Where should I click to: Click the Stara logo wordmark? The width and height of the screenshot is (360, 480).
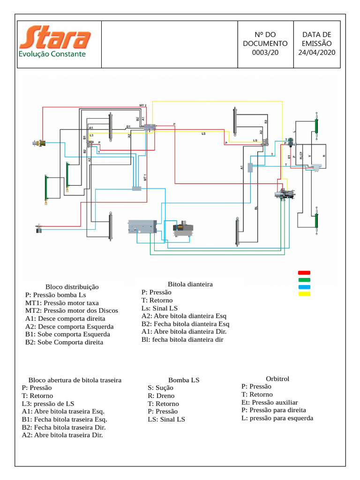tap(55, 37)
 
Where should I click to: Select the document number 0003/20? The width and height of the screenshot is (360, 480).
tap(265, 52)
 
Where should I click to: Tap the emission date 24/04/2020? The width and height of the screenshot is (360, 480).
tap(317, 52)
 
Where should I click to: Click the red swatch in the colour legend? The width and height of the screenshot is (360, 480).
tap(304, 273)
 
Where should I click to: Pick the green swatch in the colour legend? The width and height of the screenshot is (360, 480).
tap(304, 280)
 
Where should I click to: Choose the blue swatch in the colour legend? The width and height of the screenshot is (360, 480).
tap(304, 287)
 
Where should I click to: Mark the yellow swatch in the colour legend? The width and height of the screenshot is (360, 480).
tap(304, 294)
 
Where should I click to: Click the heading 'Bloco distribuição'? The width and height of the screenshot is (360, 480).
tap(72, 287)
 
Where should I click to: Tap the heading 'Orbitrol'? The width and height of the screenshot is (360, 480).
tap(277, 378)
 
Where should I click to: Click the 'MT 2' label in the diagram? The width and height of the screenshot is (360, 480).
tap(143, 105)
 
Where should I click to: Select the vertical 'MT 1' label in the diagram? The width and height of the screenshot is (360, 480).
tap(145, 177)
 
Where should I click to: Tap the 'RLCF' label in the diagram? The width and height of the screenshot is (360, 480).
tap(301, 156)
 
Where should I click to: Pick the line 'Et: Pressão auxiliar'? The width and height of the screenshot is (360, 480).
tap(270, 402)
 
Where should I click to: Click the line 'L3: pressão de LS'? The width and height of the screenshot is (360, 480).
tap(48, 404)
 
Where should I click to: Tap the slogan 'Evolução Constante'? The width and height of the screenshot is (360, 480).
tap(52, 54)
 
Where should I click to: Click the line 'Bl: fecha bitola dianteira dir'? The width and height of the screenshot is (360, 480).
tap(182, 339)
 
